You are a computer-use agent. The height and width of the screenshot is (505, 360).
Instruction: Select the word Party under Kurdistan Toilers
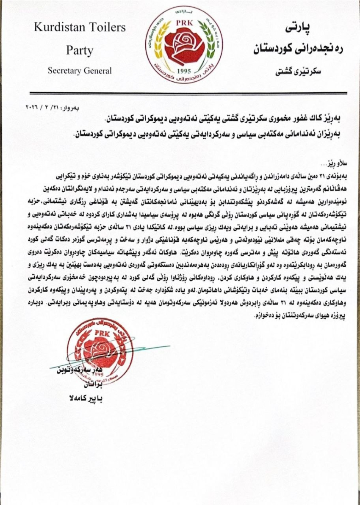pos(80,50)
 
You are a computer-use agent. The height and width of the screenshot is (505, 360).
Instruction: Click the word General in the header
pos(98,71)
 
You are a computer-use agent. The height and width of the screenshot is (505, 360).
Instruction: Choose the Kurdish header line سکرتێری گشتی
pos(303,71)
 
